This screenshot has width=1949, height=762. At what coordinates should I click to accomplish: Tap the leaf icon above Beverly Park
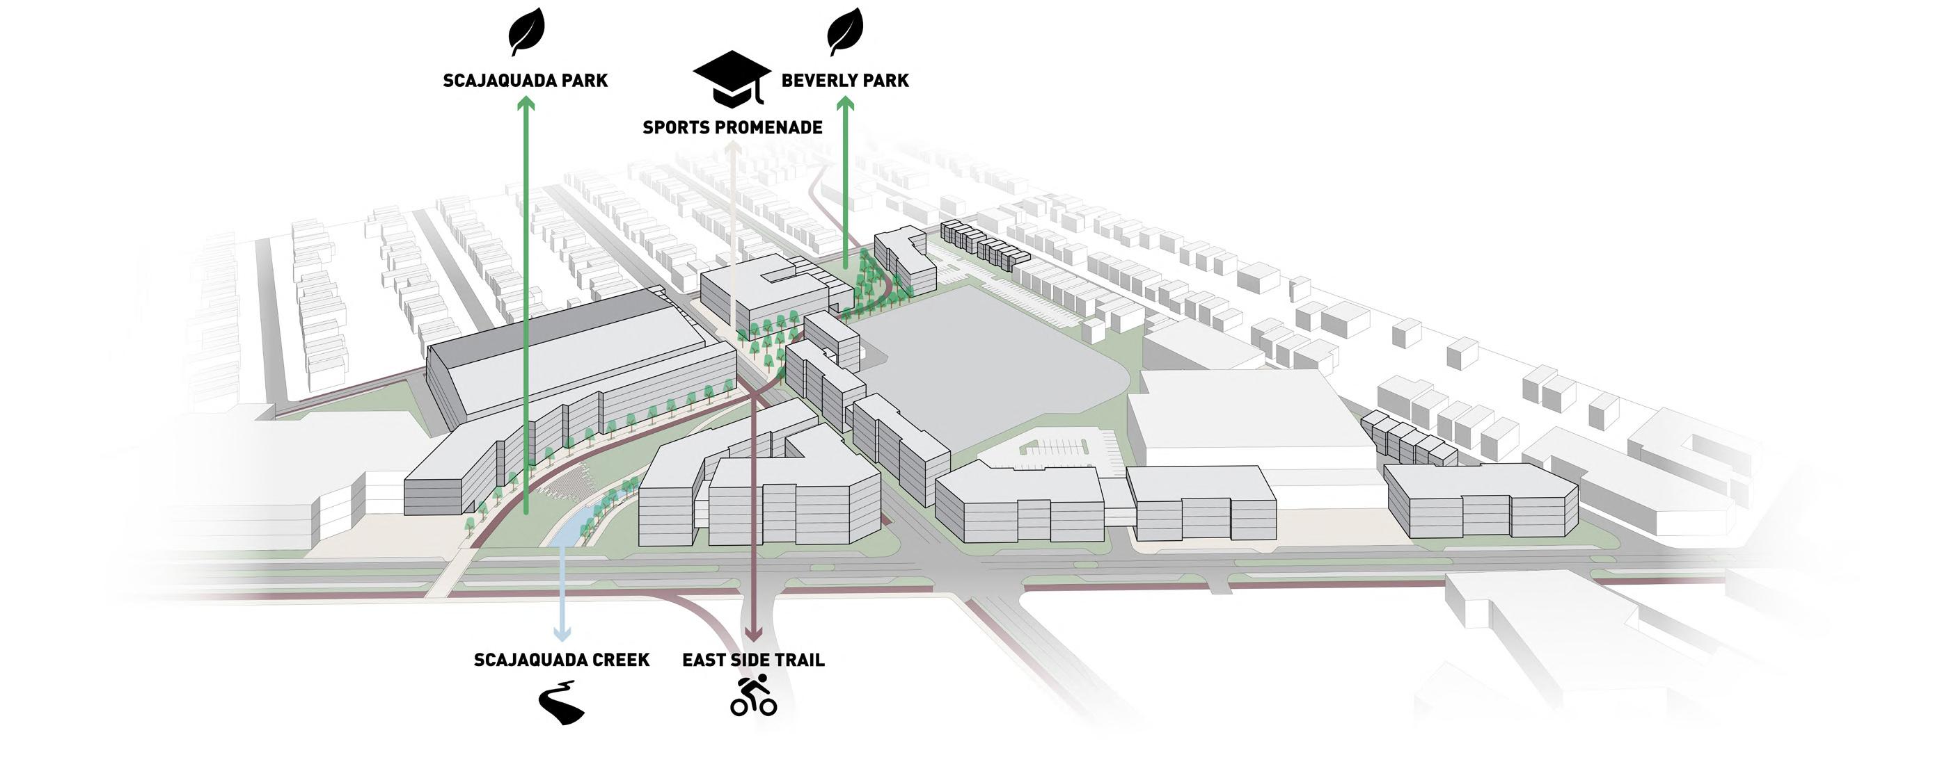pyautogui.click(x=845, y=32)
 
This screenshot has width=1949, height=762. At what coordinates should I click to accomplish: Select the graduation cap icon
pyautogui.click(x=731, y=79)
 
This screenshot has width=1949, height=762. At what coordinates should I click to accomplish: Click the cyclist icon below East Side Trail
pyautogui.click(x=754, y=696)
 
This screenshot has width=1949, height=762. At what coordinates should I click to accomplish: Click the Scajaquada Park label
pyautogui.click(x=525, y=81)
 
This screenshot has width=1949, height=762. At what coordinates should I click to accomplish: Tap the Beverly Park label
pyautogui.click(x=844, y=81)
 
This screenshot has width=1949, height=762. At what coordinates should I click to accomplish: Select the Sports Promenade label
pyautogui.click(x=732, y=128)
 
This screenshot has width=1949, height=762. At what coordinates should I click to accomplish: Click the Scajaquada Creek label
pyautogui.click(x=562, y=660)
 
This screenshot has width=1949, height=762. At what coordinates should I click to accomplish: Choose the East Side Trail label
pyautogui.click(x=753, y=660)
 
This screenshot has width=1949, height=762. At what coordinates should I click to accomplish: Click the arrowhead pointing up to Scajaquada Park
pyautogui.click(x=526, y=104)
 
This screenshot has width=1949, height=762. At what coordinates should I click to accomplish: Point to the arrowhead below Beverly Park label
pyautogui.click(x=845, y=104)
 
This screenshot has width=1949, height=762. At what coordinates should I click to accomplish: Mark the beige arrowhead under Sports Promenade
pyautogui.click(x=732, y=149)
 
